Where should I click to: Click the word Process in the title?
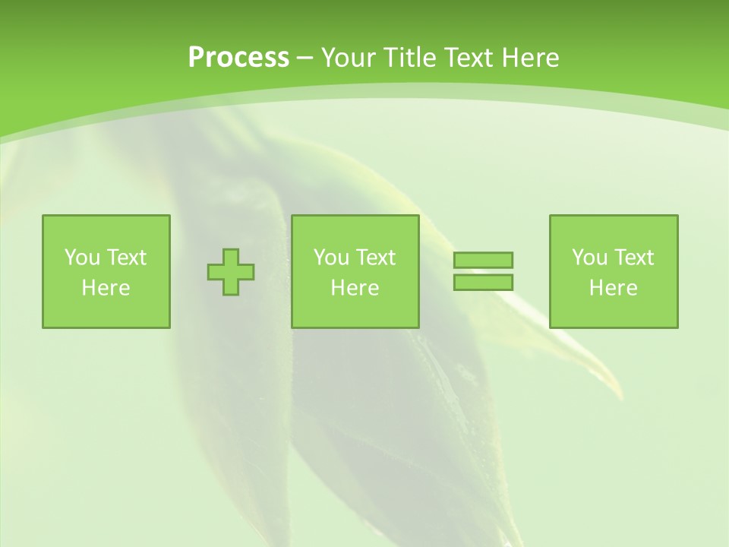[238, 58]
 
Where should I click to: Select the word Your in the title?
[346, 58]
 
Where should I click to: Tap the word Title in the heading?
[407, 58]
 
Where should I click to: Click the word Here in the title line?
[532, 58]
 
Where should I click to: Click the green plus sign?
[231, 272]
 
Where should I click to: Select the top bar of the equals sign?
[483, 260]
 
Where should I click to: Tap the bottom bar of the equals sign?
[483, 282]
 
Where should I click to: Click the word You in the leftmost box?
[82, 258]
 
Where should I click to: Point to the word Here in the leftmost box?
[106, 288]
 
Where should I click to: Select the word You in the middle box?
[331, 258]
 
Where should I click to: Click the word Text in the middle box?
[374, 258]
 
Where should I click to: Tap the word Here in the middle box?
[355, 288]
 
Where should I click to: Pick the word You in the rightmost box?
[589, 258]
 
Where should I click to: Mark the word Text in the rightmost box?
[633, 258]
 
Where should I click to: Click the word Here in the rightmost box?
[613, 288]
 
